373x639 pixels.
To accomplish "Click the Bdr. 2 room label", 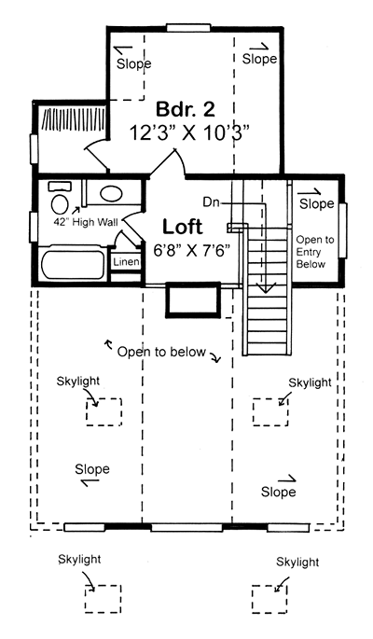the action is (186, 109).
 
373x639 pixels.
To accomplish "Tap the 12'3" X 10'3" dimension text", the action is (189, 132).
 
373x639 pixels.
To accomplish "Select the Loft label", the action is (183, 227).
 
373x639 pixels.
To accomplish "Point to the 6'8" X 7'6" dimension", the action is (192, 250).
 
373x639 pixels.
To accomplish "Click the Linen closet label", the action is (126, 262).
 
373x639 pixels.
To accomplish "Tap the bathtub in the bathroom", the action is (74, 265).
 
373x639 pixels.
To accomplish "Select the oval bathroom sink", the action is (111, 194).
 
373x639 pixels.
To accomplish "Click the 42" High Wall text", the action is (86, 223).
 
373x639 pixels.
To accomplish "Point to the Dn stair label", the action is (212, 202).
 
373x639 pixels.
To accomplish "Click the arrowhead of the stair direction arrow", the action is (266, 289).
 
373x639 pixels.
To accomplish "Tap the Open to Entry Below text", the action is (315, 252).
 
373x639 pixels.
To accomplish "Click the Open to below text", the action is (161, 352).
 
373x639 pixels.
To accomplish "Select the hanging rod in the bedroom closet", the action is (74, 120).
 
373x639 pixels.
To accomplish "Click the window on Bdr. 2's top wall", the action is (188, 28).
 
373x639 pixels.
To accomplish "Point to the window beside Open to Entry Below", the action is (343, 230).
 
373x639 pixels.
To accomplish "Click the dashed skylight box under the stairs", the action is (270, 412).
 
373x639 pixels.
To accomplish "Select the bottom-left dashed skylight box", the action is (103, 599).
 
